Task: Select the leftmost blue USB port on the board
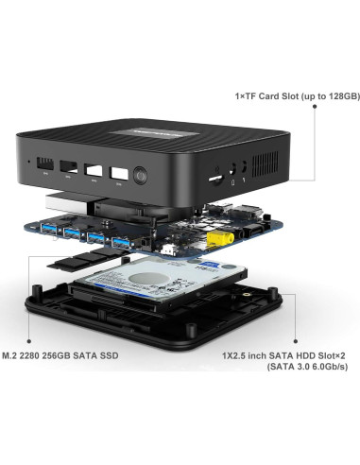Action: (x=48, y=231)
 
